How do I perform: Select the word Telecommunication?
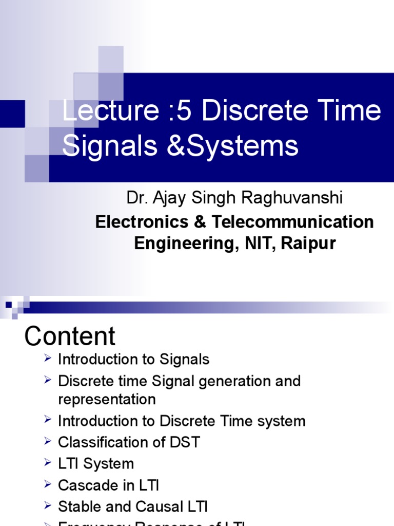(293, 222)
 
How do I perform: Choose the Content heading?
(70, 336)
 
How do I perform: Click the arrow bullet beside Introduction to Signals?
(47, 358)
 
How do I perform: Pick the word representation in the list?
(107, 399)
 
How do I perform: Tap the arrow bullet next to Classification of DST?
(47, 441)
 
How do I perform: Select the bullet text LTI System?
(96, 463)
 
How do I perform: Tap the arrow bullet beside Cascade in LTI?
(47, 483)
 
